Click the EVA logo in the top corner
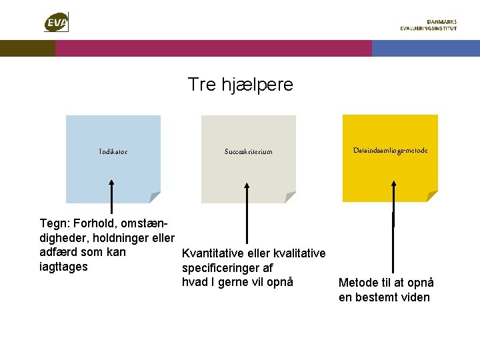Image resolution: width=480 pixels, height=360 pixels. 56,23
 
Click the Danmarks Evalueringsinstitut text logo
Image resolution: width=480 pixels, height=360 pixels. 429,25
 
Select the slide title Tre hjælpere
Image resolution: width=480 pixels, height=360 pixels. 240,85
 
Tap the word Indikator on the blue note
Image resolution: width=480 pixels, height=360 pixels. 113,152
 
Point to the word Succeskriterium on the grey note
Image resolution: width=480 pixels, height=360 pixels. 248,152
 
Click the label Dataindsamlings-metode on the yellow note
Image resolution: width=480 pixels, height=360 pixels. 390,151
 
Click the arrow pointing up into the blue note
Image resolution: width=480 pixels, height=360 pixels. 111,200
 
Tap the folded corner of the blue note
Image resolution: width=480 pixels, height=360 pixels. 155,197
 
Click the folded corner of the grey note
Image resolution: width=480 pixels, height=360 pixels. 289,197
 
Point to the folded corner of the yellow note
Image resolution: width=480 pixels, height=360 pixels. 432,197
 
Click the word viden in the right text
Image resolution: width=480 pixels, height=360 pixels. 415,297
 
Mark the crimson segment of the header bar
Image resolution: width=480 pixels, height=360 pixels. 213,48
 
